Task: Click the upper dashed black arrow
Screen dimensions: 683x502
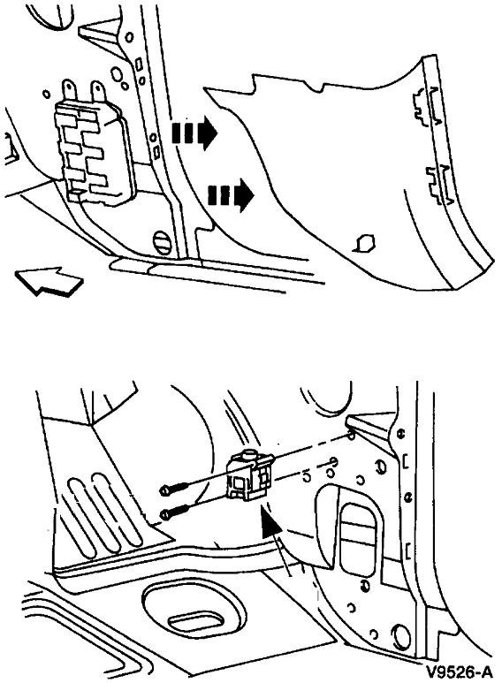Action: click(x=194, y=133)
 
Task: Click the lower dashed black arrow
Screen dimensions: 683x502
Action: click(x=230, y=193)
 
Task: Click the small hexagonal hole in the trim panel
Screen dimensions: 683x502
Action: click(x=362, y=240)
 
